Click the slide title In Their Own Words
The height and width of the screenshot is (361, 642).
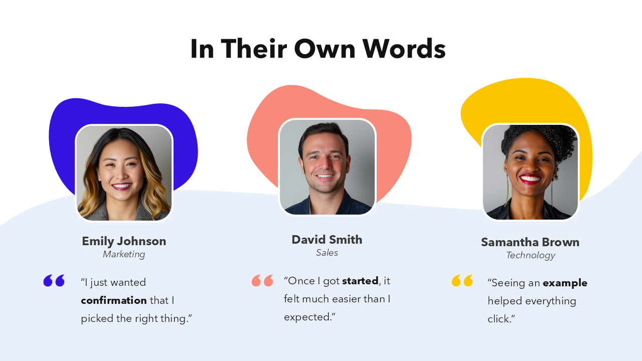318,49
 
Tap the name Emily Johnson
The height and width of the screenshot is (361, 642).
124,241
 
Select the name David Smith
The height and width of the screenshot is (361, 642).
327,240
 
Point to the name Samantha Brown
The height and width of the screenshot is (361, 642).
530,242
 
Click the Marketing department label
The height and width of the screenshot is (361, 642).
124,254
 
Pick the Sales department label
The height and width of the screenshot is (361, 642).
327,253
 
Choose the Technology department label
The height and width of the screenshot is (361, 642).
530,255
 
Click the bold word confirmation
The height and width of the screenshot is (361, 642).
114,300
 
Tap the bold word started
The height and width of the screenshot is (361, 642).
360,281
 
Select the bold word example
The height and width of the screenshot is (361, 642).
565,283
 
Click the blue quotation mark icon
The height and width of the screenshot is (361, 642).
54,281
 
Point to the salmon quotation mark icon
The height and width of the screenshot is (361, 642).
262,281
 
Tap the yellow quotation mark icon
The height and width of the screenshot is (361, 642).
462,281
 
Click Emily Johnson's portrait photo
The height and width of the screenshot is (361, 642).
124,173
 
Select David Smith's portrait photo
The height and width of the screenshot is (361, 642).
327,167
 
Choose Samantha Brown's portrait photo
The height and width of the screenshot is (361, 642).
530,172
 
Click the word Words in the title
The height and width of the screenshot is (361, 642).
404,49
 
